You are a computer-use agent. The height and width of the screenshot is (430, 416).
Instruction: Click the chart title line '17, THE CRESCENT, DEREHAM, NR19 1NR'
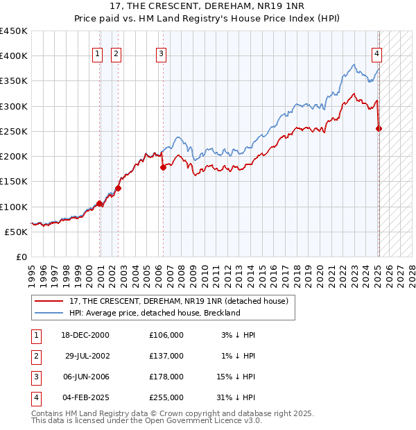point(207,8)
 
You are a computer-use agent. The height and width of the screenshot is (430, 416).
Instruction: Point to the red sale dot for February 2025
point(379,128)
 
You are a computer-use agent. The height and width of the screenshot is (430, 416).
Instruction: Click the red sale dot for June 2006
point(163,167)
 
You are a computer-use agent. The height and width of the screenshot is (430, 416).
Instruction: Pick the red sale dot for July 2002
point(119,187)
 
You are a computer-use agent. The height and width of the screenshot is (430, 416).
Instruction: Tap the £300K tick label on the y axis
point(13,106)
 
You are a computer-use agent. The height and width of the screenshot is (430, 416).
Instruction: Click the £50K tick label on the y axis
point(16,232)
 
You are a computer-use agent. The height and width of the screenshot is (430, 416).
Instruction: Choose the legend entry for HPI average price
point(154,313)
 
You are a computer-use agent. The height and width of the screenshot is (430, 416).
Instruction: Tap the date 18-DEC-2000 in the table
point(85,335)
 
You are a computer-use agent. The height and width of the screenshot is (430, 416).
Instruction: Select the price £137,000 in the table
point(166,356)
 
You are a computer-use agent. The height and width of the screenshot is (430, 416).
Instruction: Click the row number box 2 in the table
point(35,356)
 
